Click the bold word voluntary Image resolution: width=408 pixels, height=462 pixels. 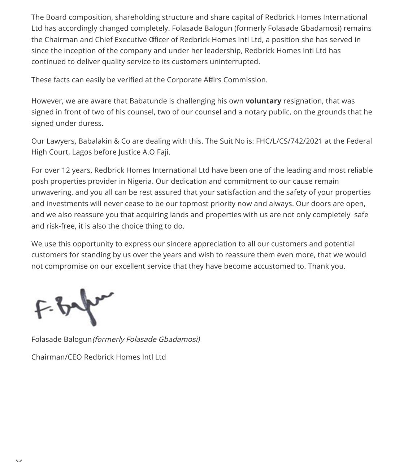click(263, 101)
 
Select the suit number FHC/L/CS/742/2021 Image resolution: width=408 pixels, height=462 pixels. click(289, 141)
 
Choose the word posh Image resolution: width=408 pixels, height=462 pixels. click(39, 181)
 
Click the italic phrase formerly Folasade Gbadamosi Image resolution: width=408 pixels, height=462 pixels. click(146, 340)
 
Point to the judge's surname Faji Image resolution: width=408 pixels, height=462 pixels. click(163, 152)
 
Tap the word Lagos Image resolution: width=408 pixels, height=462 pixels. click(82, 152)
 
